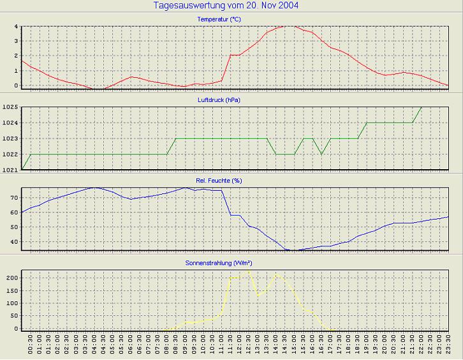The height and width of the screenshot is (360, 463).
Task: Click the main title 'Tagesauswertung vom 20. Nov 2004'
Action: click(x=226, y=6)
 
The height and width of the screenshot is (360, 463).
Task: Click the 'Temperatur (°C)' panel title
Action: click(x=219, y=19)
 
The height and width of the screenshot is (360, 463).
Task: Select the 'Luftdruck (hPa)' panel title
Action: click(x=219, y=100)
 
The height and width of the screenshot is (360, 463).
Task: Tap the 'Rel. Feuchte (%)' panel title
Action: click(x=219, y=181)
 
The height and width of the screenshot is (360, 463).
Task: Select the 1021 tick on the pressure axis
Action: click(x=10, y=170)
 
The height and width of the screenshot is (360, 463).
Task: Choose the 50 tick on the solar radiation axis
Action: click(x=14, y=316)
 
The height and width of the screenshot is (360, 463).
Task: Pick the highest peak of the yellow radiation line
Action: click(x=249, y=271)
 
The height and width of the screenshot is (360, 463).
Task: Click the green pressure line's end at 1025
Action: click(x=422, y=107)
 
